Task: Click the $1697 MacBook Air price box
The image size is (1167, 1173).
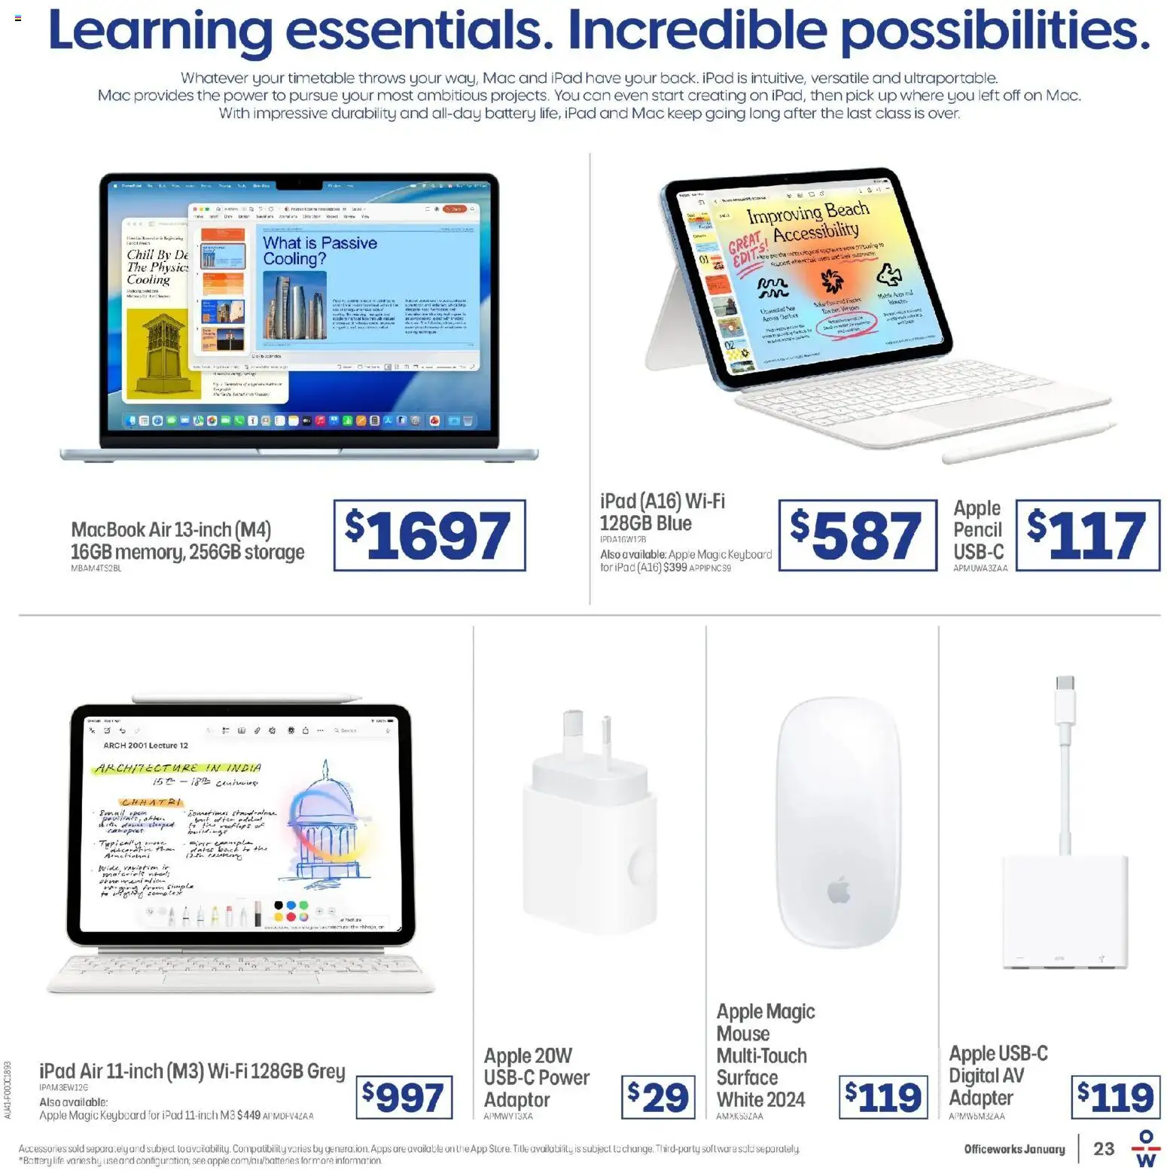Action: pyautogui.click(x=429, y=535)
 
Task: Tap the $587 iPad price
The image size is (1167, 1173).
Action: pyautogui.click(x=857, y=535)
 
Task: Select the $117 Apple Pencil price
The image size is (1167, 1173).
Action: pyautogui.click(x=1087, y=535)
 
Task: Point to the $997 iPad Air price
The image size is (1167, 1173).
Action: pyautogui.click(x=404, y=1097)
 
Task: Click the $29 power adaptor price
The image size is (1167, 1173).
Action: pyautogui.click(x=658, y=1097)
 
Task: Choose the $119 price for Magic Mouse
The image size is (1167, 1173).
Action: pyautogui.click(x=883, y=1097)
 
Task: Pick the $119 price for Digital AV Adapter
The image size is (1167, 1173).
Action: pyautogui.click(x=1115, y=1097)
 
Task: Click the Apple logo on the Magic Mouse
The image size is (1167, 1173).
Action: pyautogui.click(x=839, y=890)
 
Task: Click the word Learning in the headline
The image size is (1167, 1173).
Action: pyautogui.click(x=160, y=32)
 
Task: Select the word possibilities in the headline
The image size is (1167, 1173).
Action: pyautogui.click(x=995, y=32)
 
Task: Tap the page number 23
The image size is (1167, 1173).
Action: pyautogui.click(x=1104, y=1148)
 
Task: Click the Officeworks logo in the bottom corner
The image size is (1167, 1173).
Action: pyautogui.click(x=1145, y=1149)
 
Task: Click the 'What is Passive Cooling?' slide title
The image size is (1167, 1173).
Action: pyautogui.click(x=319, y=251)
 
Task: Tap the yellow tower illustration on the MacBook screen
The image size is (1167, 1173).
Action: pyautogui.click(x=163, y=354)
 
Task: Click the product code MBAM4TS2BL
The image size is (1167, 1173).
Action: pyautogui.click(x=96, y=568)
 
